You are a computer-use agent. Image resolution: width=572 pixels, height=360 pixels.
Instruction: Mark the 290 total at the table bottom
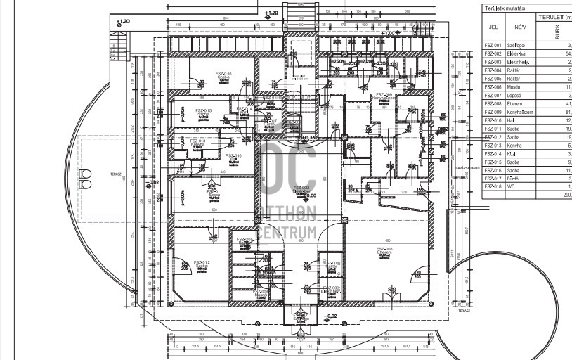[x=566, y=195]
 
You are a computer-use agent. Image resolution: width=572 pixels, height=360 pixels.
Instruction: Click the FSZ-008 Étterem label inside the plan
[x=384, y=251]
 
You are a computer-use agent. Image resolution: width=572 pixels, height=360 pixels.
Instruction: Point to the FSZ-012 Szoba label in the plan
[x=201, y=264]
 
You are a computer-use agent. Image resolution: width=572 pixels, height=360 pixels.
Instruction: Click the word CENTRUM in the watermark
[x=288, y=231]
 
